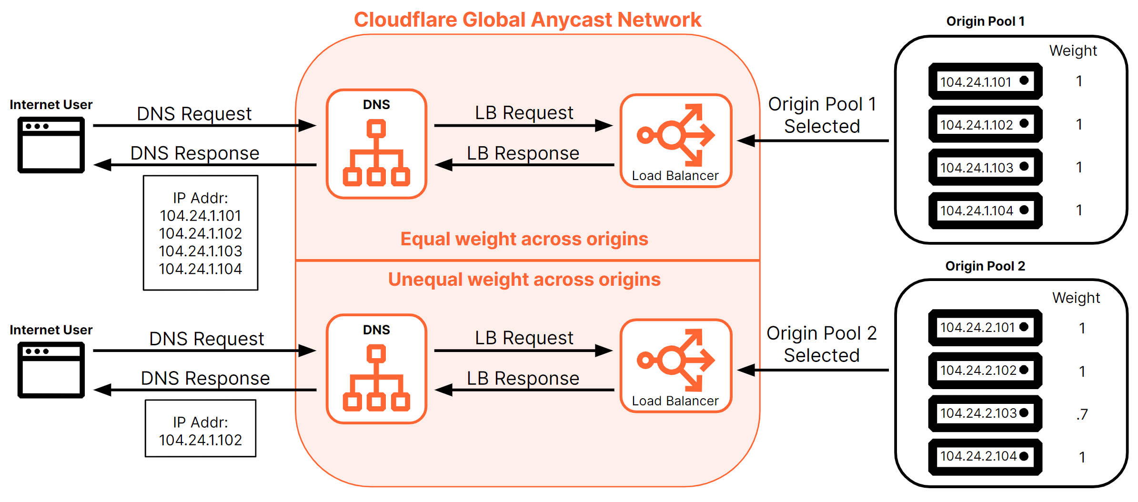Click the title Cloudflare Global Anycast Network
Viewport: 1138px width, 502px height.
click(527, 20)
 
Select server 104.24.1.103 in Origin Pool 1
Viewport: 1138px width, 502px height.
click(985, 167)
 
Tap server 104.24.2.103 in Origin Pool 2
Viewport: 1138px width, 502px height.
click(985, 413)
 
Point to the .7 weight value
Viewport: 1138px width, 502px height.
click(1082, 414)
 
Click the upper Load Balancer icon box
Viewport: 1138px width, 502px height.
click(675, 141)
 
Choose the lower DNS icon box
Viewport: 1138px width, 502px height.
click(376, 369)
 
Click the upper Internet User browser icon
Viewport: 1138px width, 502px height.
click(51, 145)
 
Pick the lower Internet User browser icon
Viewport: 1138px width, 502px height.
click(51, 370)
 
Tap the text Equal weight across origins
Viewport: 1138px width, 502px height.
click(524, 239)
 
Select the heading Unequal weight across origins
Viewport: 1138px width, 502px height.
click(524, 279)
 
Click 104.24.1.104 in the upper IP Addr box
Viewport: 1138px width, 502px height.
click(200, 269)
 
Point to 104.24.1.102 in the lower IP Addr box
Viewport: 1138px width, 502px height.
click(200, 440)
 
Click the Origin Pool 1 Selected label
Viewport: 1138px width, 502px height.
click(822, 115)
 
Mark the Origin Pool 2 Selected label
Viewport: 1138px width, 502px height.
click(822, 344)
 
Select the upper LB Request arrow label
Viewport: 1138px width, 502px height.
click(524, 113)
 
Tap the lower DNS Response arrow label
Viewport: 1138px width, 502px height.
click(205, 378)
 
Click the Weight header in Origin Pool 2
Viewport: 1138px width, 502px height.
click(1076, 298)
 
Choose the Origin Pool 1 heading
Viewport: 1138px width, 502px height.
click(985, 21)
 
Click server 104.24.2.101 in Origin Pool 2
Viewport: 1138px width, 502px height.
click(985, 327)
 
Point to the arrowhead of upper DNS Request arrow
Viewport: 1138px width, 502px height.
click(308, 126)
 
